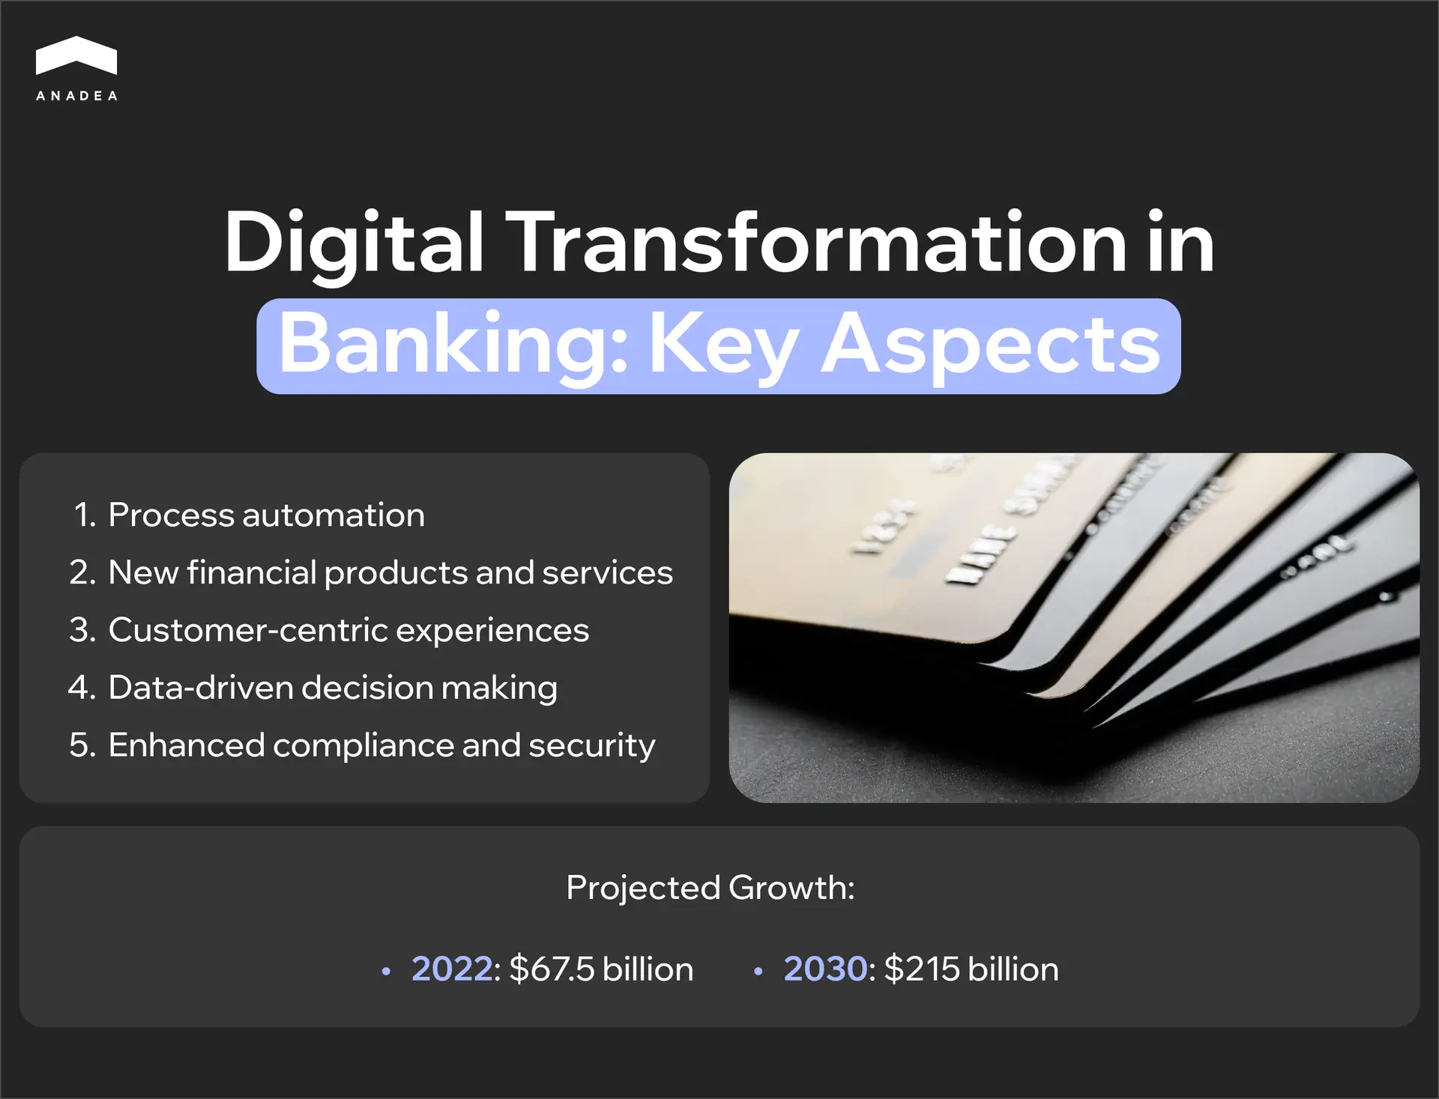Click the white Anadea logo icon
(x=76, y=56)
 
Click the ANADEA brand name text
(x=76, y=96)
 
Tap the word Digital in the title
(x=354, y=243)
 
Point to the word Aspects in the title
(x=990, y=345)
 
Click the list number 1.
(x=84, y=515)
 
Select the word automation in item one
(x=334, y=515)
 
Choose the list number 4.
(x=81, y=688)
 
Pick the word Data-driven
(x=200, y=688)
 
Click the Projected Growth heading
(x=710, y=888)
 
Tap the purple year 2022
(x=452, y=969)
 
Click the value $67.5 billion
(x=601, y=969)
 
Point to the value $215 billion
(x=971, y=969)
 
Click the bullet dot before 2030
(x=758, y=972)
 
